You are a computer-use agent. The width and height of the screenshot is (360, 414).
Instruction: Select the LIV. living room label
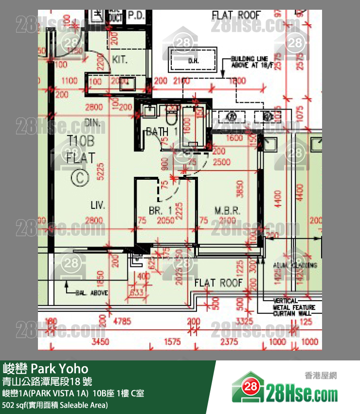click(x=98, y=205)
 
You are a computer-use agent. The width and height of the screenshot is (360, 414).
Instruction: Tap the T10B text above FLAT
click(x=80, y=142)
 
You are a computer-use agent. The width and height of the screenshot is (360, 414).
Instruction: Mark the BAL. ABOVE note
click(x=92, y=293)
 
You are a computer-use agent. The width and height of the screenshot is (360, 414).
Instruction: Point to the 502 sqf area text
click(x=55, y=405)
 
